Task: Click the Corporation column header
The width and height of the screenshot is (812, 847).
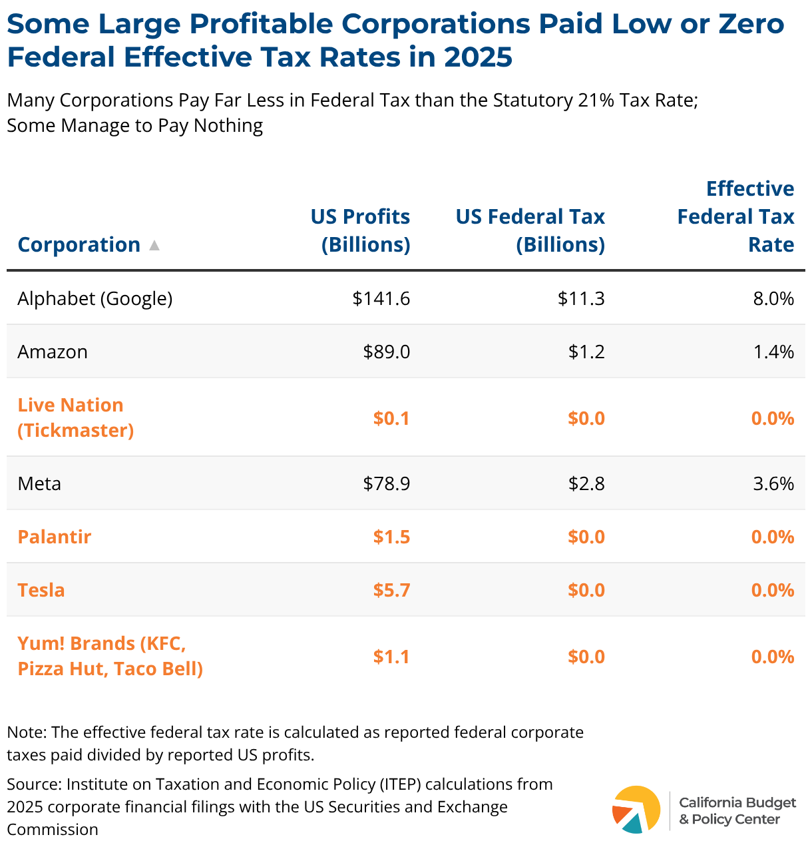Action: click(79, 244)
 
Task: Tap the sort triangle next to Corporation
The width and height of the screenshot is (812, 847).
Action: click(154, 245)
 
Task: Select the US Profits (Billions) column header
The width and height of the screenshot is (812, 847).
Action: click(361, 230)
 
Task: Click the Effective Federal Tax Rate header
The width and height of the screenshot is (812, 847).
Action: click(735, 216)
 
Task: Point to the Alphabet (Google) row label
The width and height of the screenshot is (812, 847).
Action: click(95, 298)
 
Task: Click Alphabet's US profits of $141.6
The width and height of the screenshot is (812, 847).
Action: click(381, 298)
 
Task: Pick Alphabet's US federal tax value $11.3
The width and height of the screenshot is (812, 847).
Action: click(581, 298)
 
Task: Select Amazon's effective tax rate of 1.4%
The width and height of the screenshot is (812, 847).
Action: click(773, 352)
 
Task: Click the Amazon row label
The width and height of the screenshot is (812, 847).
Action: click(53, 352)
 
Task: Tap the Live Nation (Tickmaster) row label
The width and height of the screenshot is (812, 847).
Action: click(75, 418)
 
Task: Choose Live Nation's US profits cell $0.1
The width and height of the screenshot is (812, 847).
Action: click(391, 418)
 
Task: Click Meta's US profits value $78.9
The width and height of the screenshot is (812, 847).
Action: click(387, 483)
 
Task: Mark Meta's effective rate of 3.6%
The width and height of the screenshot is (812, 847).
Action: click(773, 483)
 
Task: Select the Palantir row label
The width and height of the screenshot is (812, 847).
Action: click(55, 537)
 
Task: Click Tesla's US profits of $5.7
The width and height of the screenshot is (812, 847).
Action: click(391, 590)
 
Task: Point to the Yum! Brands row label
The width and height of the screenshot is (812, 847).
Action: click(110, 656)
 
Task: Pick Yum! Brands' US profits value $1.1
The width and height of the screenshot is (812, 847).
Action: click(391, 657)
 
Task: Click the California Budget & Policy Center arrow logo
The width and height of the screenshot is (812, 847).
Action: click(636, 809)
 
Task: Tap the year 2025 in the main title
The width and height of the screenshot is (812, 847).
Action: click(478, 57)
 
